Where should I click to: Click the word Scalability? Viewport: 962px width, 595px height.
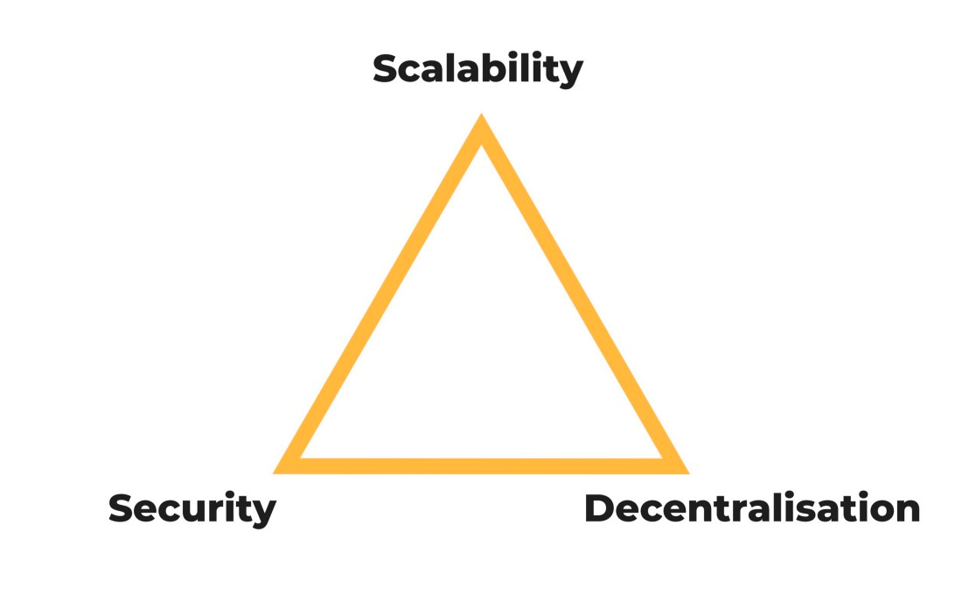(478, 69)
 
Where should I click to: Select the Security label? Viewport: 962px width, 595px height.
(192, 509)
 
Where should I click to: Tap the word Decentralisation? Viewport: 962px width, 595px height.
(752, 508)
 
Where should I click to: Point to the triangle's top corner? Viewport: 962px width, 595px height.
(482, 114)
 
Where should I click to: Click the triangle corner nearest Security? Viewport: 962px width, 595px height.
(274, 473)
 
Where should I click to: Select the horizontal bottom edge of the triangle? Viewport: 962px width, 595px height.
(482, 466)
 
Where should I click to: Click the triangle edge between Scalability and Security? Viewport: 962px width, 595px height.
(377, 293)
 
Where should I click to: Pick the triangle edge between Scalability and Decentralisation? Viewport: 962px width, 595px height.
(585, 293)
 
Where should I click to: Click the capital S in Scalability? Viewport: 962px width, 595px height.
(387, 69)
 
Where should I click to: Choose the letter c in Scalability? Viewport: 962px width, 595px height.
(415, 73)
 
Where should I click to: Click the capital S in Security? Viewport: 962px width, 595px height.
(122, 508)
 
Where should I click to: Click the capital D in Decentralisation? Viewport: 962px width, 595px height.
(602, 508)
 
